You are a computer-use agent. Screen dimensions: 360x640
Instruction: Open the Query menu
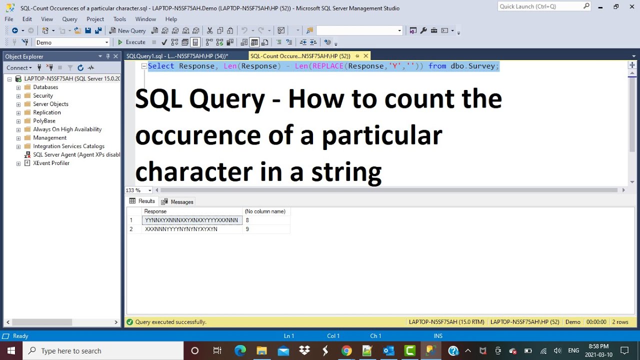69,19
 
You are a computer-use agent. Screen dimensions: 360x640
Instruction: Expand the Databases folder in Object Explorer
18,87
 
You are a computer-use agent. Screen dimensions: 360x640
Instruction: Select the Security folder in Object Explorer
42,95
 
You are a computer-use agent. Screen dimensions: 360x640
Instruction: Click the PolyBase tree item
44,121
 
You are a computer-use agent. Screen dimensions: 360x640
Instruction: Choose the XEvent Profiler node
51,163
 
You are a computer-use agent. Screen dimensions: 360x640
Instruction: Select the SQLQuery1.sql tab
176,56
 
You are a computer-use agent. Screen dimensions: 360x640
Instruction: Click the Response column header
155,211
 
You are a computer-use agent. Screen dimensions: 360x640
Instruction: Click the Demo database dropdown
72,42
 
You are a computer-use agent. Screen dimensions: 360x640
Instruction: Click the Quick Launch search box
540,6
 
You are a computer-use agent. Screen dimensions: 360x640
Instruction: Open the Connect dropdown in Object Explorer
19,67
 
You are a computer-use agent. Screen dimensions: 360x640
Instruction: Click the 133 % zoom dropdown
138,190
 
